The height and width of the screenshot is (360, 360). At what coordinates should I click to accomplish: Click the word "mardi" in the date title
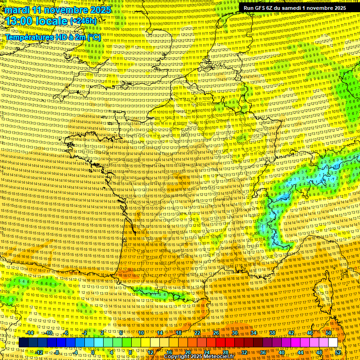point(16,10)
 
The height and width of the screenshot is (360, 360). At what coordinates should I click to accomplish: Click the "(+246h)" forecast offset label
point(83,21)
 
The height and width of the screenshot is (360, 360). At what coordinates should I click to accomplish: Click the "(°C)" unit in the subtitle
point(94,37)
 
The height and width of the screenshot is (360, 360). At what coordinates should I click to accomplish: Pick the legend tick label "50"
point(329,332)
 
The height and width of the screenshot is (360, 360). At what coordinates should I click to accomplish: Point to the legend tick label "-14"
point(30,332)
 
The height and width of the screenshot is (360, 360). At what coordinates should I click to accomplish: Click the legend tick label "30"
point(235,332)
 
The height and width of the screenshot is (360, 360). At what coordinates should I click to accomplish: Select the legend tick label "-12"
point(39,352)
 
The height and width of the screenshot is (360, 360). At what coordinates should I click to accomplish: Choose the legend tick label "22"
point(197,332)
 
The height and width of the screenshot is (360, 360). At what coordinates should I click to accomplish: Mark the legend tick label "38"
point(272,332)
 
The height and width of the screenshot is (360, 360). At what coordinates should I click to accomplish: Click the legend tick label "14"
point(160,332)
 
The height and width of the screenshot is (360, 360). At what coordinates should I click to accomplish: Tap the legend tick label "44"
point(300,352)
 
